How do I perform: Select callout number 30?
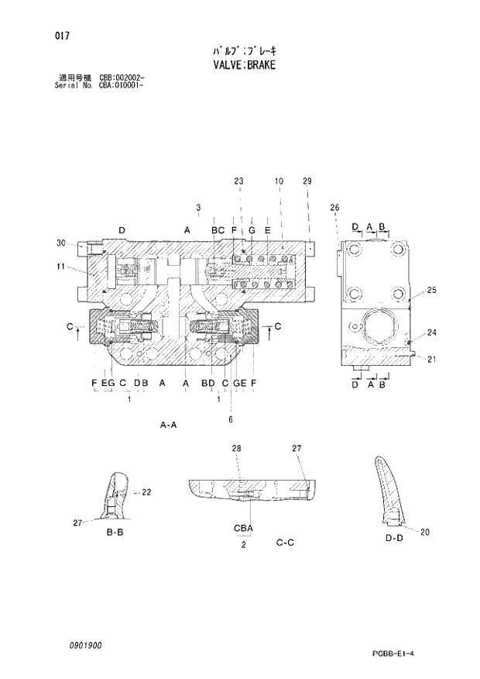[x=61, y=243]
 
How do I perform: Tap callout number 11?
[x=61, y=267]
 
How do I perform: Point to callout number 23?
[x=238, y=181]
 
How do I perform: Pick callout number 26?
[x=334, y=207]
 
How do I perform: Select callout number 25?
[x=432, y=290]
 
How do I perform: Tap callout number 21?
[x=432, y=358]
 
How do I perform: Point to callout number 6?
[x=230, y=419]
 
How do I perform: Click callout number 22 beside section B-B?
[x=146, y=492]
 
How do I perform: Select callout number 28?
[x=236, y=449]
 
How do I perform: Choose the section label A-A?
[x=169, y=425]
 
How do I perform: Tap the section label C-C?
[x=285, y=543]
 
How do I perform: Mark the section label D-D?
[x=394, y=537]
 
